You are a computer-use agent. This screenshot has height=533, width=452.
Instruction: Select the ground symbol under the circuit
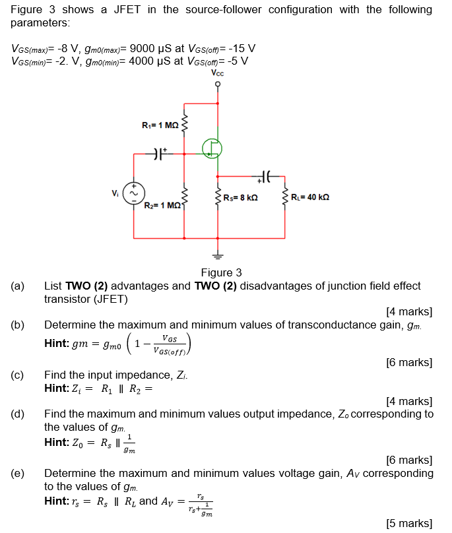216,257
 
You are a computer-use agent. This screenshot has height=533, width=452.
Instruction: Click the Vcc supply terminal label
217,74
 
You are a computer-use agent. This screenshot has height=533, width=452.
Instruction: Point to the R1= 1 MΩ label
160,125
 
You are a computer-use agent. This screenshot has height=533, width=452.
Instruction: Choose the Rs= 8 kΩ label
240,197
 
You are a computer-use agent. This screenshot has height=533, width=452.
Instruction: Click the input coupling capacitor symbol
158,155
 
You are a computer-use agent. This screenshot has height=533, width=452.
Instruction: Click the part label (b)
18,325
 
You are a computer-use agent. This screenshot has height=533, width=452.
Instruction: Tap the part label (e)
18,473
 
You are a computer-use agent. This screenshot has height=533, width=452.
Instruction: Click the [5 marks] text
408,523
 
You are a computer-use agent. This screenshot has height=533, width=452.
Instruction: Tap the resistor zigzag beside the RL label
285,198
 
